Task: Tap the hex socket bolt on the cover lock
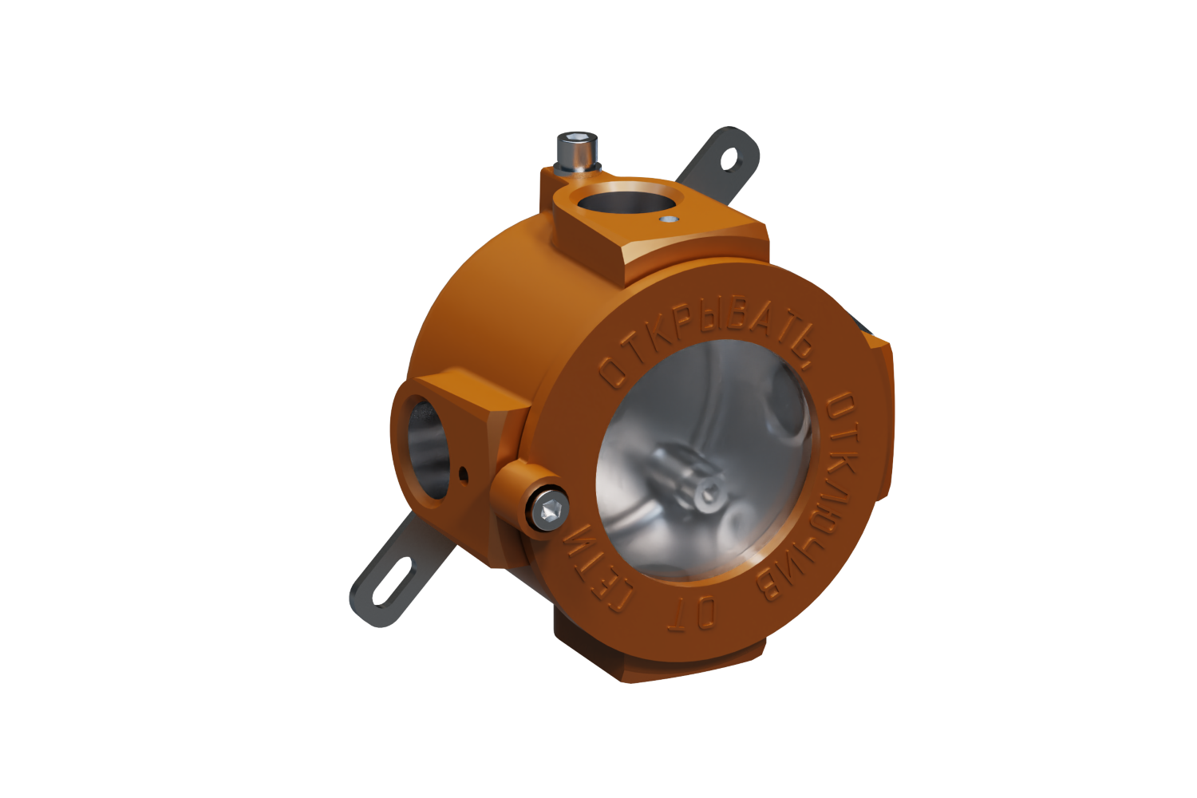click(x=550, y=512)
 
